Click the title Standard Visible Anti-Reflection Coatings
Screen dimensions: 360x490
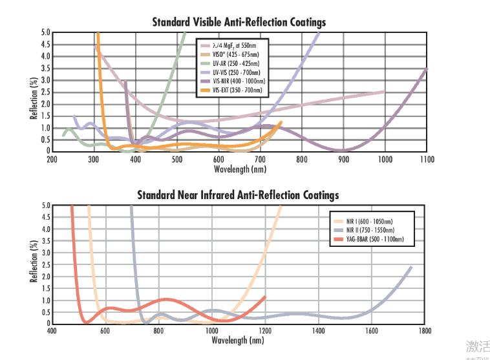[x=239, y=22]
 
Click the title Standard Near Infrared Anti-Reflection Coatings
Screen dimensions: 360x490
[x=238, y=195]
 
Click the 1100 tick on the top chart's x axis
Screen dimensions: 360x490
[x=426, y=159]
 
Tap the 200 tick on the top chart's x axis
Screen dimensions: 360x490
[x=52, y=159]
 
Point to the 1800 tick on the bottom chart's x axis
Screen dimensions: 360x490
[x=424, y=331]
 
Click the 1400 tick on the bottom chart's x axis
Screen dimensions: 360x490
[x=317, y=331]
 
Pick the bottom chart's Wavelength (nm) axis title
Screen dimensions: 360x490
[x=239, y=340]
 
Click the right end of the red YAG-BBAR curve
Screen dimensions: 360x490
[x=264, y=297]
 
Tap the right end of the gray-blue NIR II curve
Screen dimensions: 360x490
[x=411, y=266]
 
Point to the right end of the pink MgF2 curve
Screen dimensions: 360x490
[x=385, y=91]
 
